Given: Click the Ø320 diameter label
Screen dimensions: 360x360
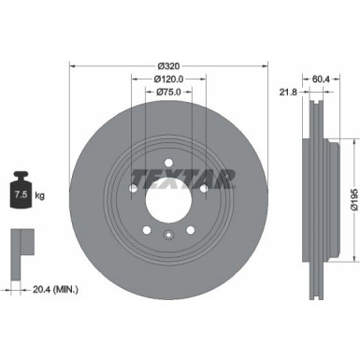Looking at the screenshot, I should [x=169, y=65].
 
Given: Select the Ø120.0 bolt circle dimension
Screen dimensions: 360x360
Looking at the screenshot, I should [x=168, y=79].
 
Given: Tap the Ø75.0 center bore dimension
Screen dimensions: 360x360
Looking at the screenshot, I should [x=168, y=93].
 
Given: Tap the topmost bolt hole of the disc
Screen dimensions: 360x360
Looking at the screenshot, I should [x=168, y=159].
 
